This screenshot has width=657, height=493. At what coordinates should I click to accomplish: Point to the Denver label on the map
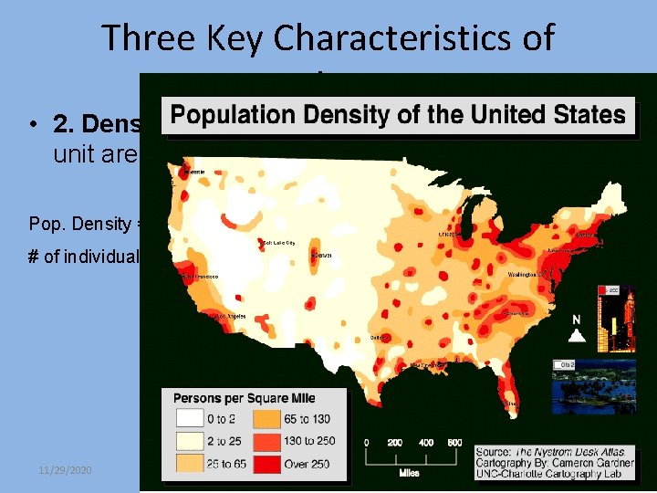click(x=321, y=256)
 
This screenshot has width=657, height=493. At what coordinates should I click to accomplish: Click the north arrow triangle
click(x=576, y=335)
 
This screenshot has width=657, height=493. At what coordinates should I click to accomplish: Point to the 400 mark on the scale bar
click(x=426, y=442)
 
